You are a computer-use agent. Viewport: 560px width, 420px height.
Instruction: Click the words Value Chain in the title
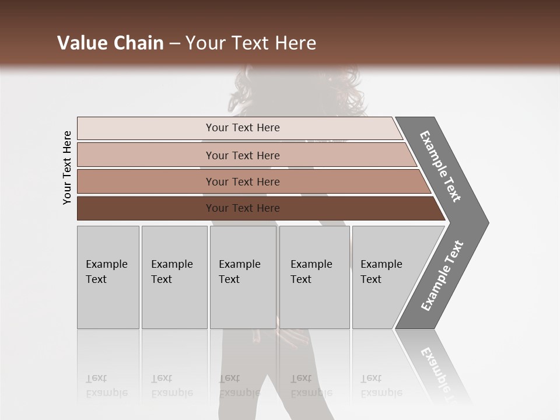(x=110, y=43)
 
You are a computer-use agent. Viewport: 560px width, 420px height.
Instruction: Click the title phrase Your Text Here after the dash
(x=251, y=43)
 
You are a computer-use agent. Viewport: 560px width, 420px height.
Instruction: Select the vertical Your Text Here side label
(x=67, y=167)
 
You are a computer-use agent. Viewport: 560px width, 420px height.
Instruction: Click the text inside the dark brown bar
(x=243, y=208)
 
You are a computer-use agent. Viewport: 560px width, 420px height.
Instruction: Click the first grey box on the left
(x=108, y=277)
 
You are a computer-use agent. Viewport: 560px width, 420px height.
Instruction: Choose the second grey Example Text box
(x=174, y=277)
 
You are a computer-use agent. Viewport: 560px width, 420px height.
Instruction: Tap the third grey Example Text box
(x=243, y=277)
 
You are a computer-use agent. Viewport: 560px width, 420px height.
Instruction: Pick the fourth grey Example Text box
(x=314, y=277)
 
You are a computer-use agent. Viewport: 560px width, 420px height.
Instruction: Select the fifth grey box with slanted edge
(x=385, y=277)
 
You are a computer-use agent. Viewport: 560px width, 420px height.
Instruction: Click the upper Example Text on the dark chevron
(x=441, y=166)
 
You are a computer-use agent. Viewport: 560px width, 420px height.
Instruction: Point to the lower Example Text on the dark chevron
(x=442, y=276)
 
